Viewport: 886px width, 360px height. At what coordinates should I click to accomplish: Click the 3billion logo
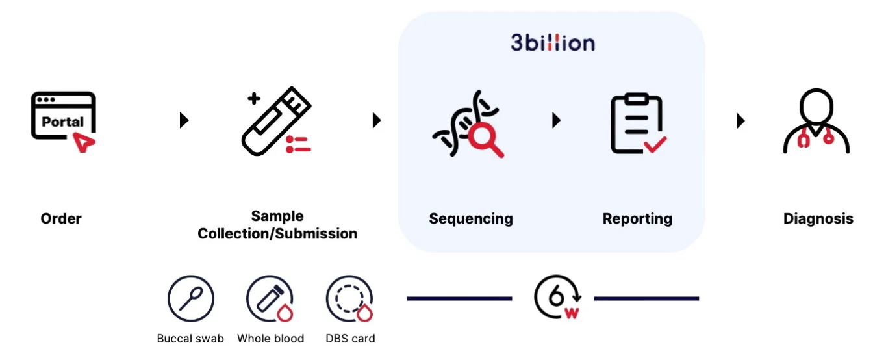(x=552, y=43)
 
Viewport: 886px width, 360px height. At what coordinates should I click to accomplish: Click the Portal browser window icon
(x=63, y=116)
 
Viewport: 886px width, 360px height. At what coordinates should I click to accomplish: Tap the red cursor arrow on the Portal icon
(x=84, y=142)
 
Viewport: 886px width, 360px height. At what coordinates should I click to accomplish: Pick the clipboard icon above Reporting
(x=636, y=124)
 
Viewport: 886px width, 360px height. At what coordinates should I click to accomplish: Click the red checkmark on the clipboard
(x=655, y=144)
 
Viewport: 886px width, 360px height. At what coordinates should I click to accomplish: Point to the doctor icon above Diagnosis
(x=816, y=122)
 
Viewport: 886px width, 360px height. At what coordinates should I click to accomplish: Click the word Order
(x=61, y=219)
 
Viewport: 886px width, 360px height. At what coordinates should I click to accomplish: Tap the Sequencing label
(x=471, y=219)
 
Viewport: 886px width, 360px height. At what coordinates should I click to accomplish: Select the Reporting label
(x=637, y=219)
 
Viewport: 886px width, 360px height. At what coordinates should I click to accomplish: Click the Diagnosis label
(x=818, y=219)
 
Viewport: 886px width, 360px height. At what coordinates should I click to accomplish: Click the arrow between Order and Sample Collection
(x=184, y=120)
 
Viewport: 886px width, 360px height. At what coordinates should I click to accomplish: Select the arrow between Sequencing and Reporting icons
(x=556, y=120)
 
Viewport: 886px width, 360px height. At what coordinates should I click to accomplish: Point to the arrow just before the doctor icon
(x=740, y=120)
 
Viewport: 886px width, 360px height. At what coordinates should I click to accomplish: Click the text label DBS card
(x=350, y=339)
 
